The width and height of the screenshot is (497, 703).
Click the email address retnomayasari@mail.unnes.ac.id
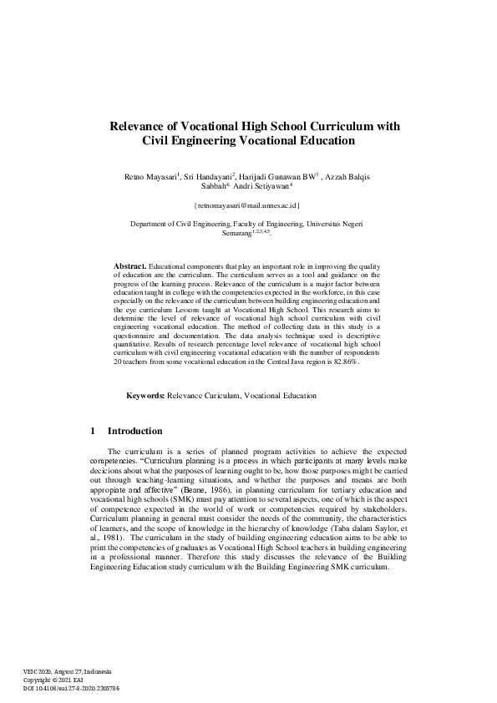247,205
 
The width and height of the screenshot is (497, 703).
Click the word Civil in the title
158,141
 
